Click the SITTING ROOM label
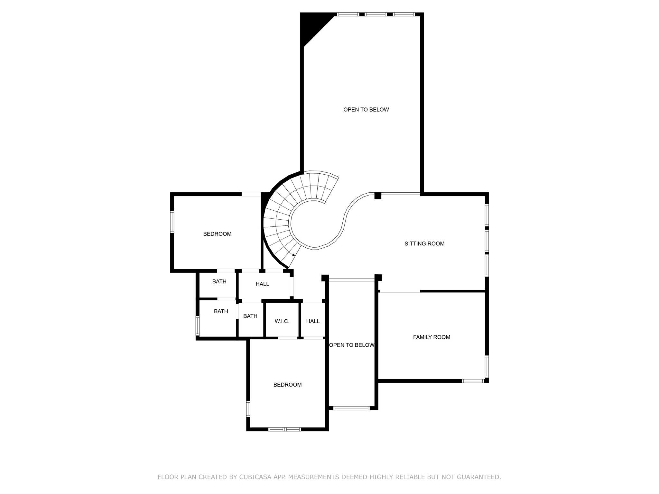tap(424, 244)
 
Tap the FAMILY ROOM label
tap(432, 337)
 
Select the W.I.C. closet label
tap(282, 321)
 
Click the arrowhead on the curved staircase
tap(293, 255)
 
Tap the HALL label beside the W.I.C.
tap(313, 321)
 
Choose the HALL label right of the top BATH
tap(262, 284)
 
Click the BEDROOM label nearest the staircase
tap(217, 234)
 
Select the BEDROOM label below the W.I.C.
tap(287, 385)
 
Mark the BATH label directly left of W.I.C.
tap(250, 316)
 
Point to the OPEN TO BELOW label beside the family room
tap(352, 345)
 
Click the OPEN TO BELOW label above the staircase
tap(366, 110)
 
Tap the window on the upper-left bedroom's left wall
tap(172, 221)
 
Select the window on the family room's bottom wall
tap(473, 381)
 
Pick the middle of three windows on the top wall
tap(376, 14)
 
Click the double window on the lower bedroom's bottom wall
tap(284, 429)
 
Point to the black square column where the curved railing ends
tap(378, 196)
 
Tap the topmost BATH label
tap(219, 282)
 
